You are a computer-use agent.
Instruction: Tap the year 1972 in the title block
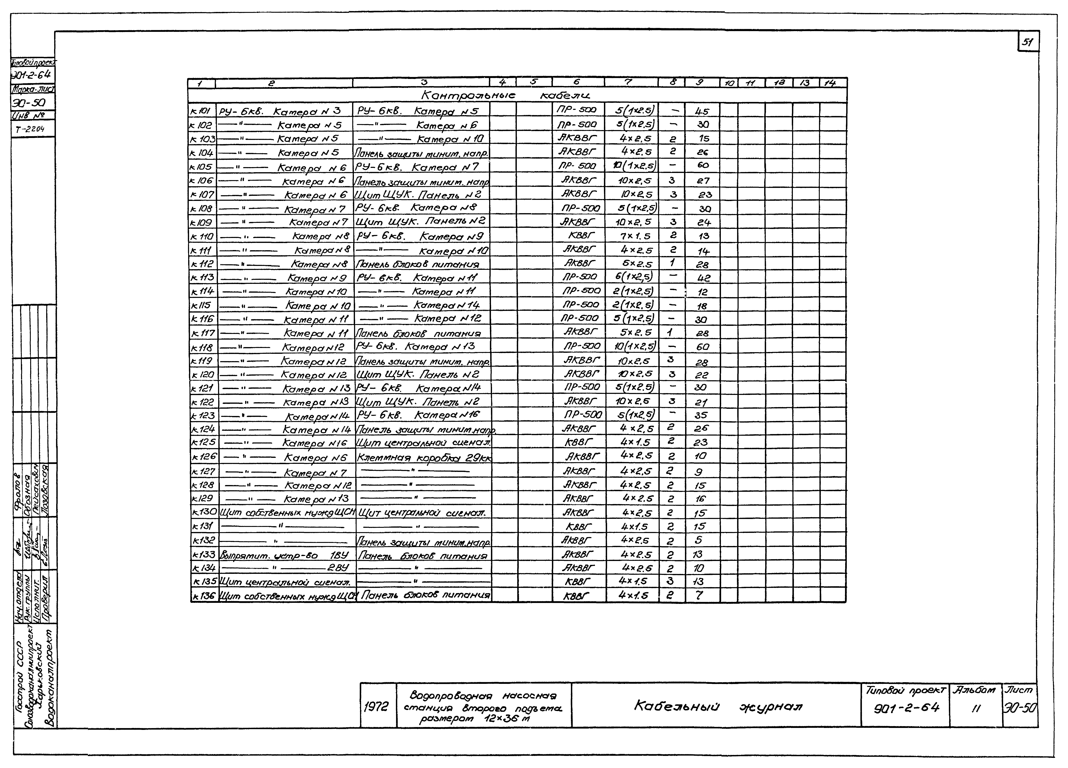[377, 706]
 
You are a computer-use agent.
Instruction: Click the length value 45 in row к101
[702, 112]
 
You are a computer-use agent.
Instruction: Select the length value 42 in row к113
[703, 278]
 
